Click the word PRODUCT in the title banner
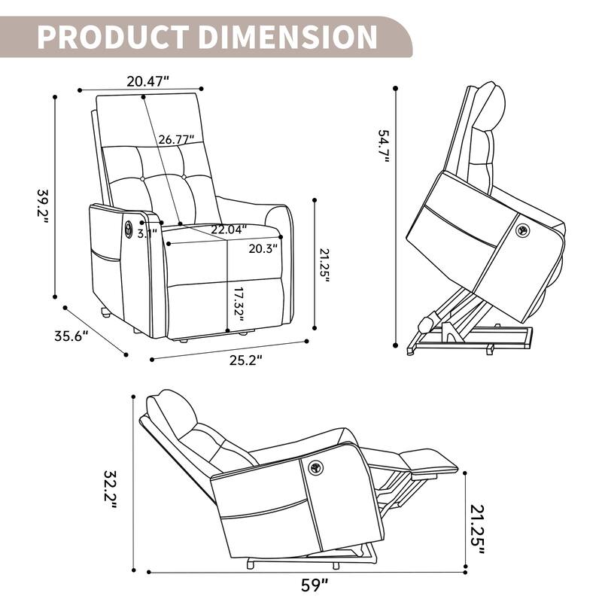(114, 36)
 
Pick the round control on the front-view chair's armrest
(128, 227)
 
